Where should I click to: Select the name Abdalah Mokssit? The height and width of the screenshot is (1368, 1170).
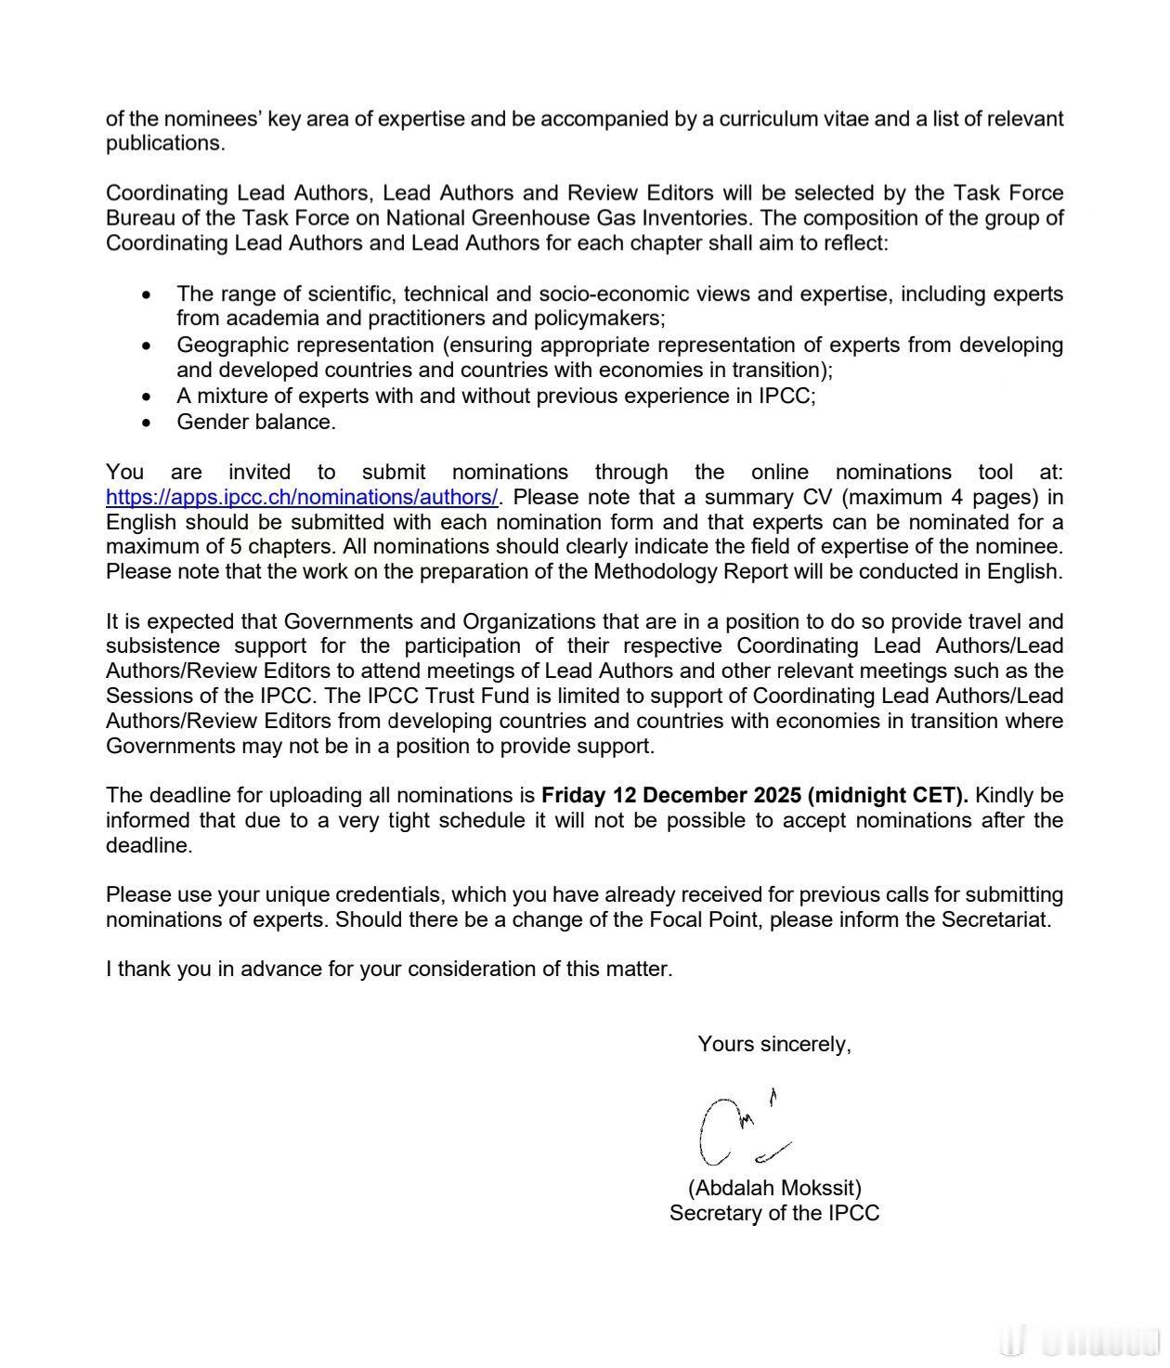(774, 1188)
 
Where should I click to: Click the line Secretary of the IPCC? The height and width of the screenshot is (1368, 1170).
(774, 1213)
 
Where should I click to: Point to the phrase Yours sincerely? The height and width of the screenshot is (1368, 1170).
(774, 1044)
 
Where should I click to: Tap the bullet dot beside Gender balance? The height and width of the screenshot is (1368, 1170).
(147, 423)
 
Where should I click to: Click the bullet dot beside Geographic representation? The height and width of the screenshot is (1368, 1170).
(147, 345)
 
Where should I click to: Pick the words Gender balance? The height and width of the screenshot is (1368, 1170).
(256, 422)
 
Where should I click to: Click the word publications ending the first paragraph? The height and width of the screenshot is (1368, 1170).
(164, 143)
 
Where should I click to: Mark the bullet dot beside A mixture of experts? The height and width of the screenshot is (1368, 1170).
(147, 397)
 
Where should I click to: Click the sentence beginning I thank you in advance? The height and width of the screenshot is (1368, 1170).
(388, 969)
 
